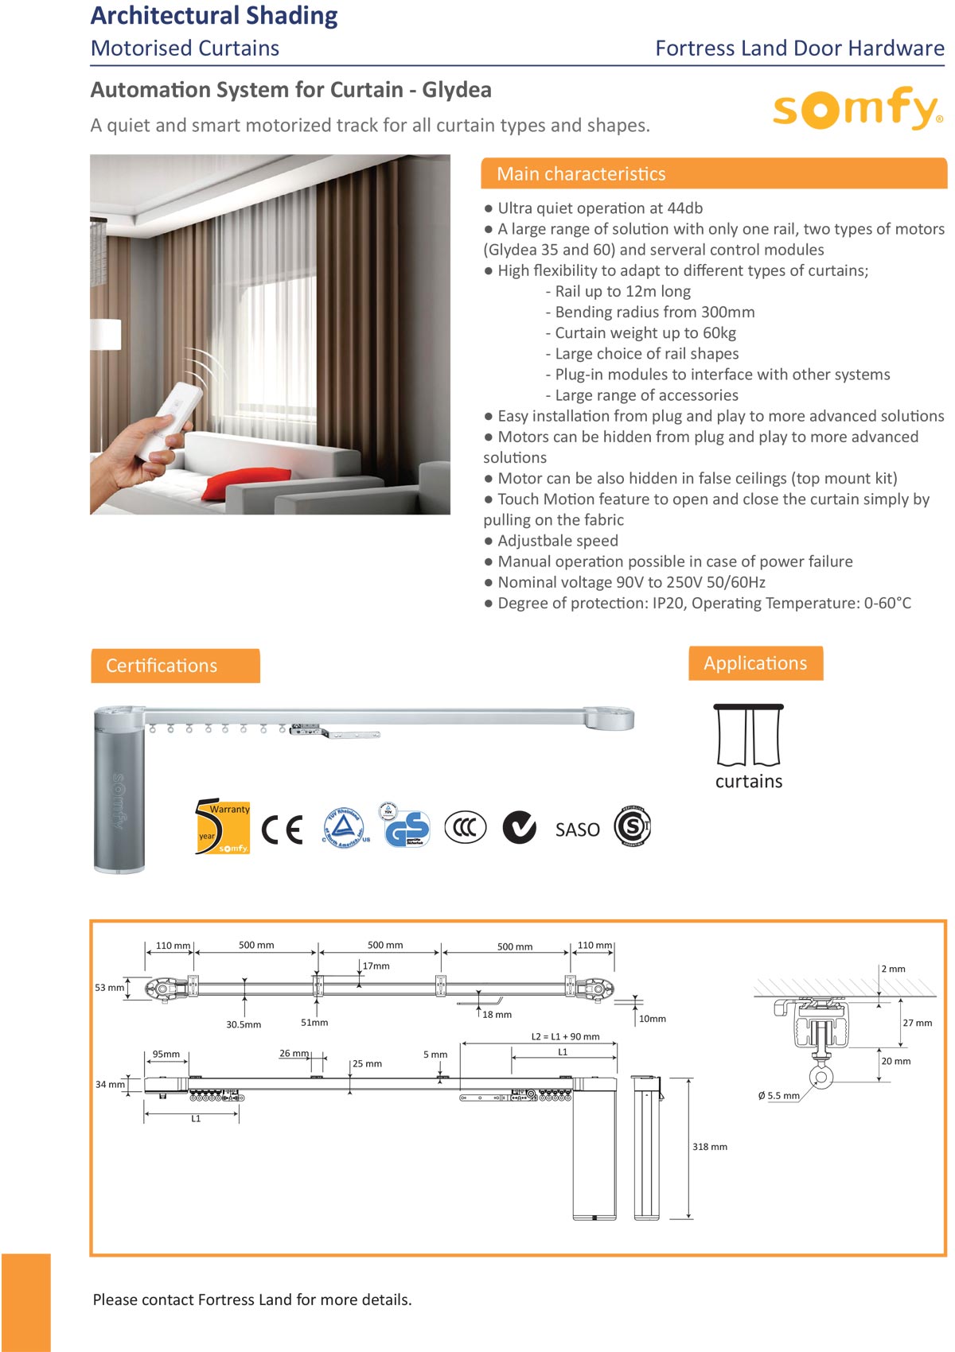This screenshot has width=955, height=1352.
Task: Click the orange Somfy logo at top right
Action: pyautogui.click(x=857, y=109)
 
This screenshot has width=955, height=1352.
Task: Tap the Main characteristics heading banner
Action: pyautogui.click(x=713, y=173)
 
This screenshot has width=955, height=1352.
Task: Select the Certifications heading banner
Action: pyautogui.click(x=175, y=666)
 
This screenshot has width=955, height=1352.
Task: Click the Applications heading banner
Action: pyautogui.click(x=755, y=663)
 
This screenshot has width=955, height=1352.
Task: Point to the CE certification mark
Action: pyautogui.click(x=282, y=829)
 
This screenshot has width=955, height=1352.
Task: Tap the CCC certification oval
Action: pyautogui.click(x=465, y=827)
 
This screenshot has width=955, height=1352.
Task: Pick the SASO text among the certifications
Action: pyautogui.click(x=577, y=829)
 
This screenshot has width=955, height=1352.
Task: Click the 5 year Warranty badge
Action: pyautogui.click(x=222, y=827)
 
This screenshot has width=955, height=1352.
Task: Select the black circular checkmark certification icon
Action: pyautogui.click(x=520, y=827)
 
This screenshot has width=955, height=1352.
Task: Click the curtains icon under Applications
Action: pyautogui.click(x=748, y=735)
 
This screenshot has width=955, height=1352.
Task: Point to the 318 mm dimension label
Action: pyautogui.click(x=709, y=1147)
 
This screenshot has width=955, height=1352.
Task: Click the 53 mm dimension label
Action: pyautogui.click(x=109, y=988)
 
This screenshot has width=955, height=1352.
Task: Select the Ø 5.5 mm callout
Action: pyautogui.click(x=778, y=1095)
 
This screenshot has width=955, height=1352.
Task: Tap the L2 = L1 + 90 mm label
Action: pyautogui.click(x=565, y=1036)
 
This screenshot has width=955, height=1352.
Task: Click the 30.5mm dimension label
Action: pyautogui.click(x=244, y=1024)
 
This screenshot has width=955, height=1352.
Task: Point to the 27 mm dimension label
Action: pyautogui.click(x=917, y=1023)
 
